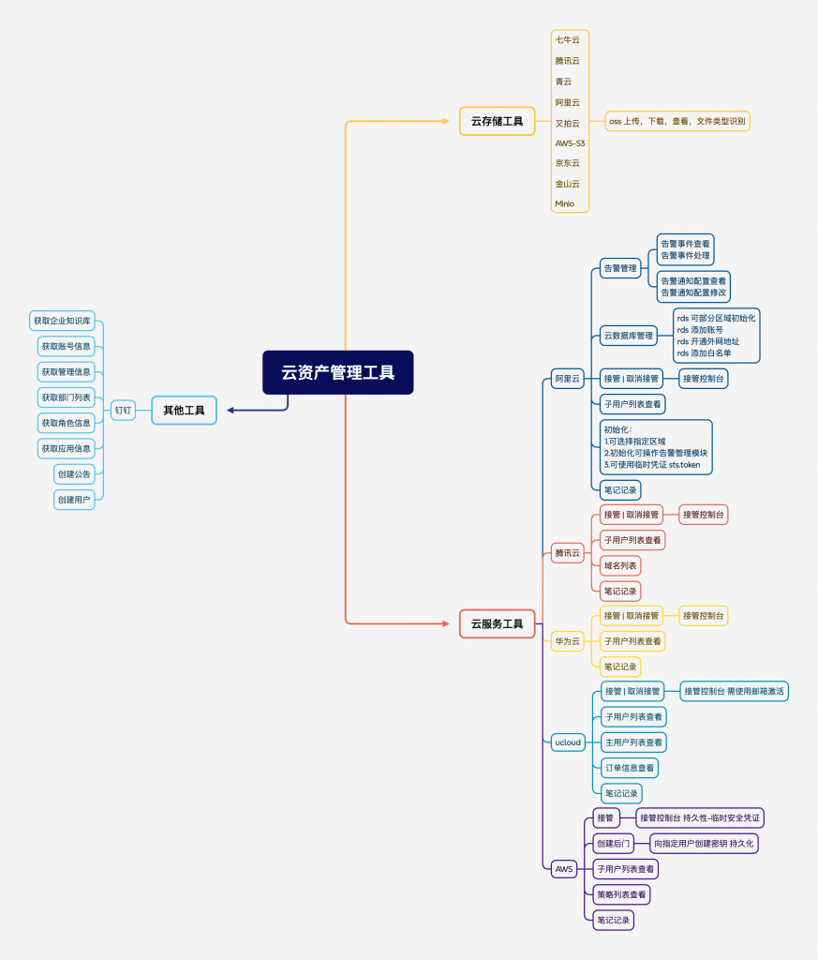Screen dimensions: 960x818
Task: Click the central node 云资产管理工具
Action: click(337, 372)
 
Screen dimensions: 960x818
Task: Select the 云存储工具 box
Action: click(497, 121)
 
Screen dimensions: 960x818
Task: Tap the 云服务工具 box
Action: click(497, 623)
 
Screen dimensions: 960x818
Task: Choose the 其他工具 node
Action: click(184, 410)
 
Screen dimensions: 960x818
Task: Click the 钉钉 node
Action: click(123, 410)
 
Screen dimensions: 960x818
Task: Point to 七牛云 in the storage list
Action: click(568, 39)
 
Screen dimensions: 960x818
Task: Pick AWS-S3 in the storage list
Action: click(570, 142)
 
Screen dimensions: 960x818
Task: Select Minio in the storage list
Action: click(565, 203)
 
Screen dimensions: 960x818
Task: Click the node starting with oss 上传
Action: click(677, 121)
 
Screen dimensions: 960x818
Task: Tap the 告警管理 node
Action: click(619, 268)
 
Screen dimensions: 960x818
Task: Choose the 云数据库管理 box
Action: click(628, 336)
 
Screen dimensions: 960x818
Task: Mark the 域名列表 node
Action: click(620, 565)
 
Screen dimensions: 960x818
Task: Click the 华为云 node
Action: click(567, 641)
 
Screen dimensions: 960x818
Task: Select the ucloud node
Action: click(567, 742)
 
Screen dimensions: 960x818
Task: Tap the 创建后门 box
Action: click(614, 843)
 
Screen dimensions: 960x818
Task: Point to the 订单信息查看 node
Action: click(629, 768)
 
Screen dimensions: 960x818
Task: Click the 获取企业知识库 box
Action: click(62, 321)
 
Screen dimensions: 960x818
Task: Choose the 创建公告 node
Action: click(74, 474)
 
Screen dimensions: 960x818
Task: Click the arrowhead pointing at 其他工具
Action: click(231, 410)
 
